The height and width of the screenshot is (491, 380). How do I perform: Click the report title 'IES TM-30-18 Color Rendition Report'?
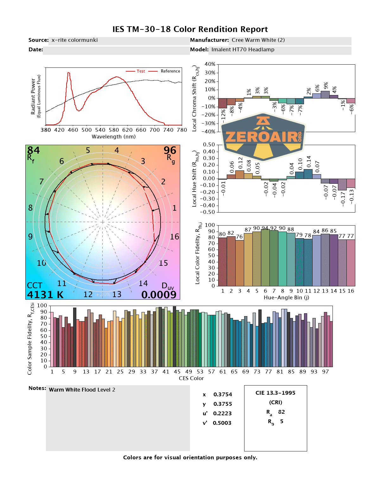pyautogui.click(x=190, y=29)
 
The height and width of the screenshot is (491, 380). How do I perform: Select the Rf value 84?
pyautogui.click(x=34, y=150)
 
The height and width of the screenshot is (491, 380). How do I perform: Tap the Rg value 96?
pyautogui.click(x=170, y=150)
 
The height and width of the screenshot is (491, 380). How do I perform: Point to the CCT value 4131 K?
pyautogui.click(x=45, y=295)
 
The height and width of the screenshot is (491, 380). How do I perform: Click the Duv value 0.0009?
pyautogui.click(x=159, y=295)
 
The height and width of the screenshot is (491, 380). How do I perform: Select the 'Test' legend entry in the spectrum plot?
pyautogui.click(x=141, y=71)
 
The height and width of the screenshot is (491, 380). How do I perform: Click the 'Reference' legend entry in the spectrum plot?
pyautogui.click(x=170, y=71)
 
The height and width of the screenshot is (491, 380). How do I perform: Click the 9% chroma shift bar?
pyautogui.click(x=325, y=94)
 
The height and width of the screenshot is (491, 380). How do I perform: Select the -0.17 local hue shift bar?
pyautogui.click(x=342, y=184)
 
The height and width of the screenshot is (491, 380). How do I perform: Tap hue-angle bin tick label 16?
pyautogui.click(x=351, y=291)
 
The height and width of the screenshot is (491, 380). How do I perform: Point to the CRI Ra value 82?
pyautogui.click(x=282, y=412)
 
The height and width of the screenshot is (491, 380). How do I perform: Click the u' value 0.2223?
pyautogui.click(x=222, y=413)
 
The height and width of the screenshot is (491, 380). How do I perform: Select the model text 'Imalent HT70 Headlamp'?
pyautogui.click(x=243, y=50)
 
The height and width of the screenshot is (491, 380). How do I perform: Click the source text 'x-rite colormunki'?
pyautogui.click(x=74, y=40)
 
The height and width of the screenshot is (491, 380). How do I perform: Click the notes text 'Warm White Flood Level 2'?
pyautogui.click(x=82, y=390)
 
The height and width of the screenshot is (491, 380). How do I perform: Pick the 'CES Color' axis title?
pyautogui.click(x=191, y=378)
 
